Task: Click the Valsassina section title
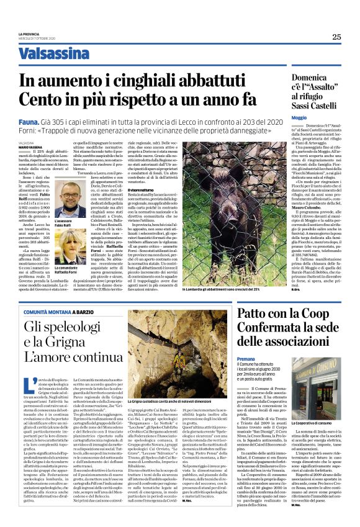(53, 54)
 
